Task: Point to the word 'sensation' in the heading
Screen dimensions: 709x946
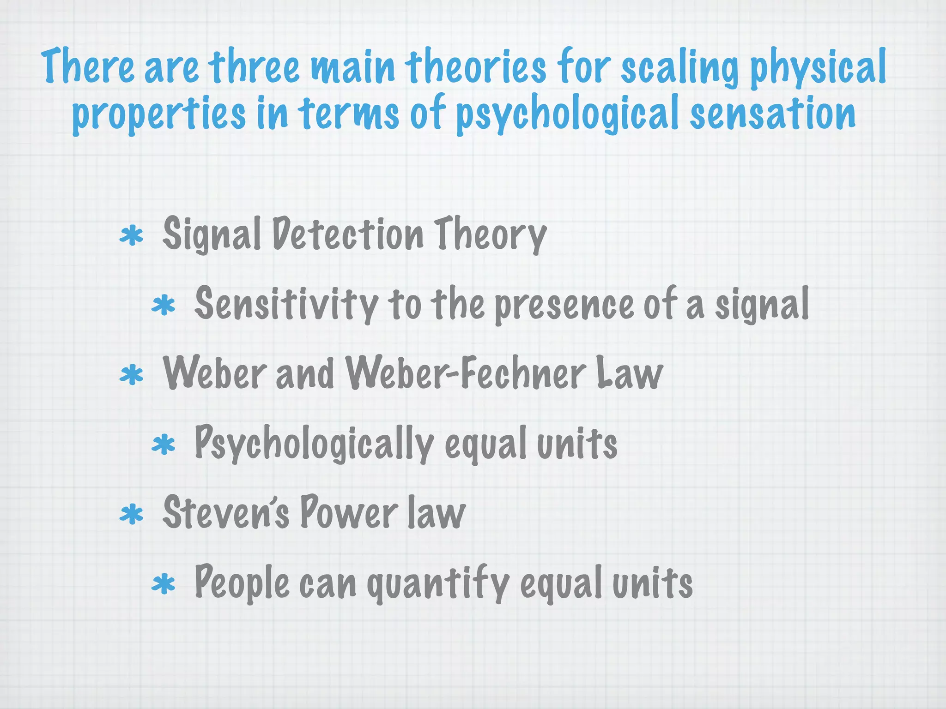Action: coord(772,113)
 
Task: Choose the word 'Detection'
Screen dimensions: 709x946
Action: coord(348,234)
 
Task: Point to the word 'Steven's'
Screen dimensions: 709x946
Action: coord(226,512)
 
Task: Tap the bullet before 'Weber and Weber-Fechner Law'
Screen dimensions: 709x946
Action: coord(132,375)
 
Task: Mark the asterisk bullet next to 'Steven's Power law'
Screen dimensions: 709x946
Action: coord(132,514)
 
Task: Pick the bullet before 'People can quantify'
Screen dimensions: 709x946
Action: coord(164,584)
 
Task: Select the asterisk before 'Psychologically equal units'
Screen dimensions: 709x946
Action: coord(164,445)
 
